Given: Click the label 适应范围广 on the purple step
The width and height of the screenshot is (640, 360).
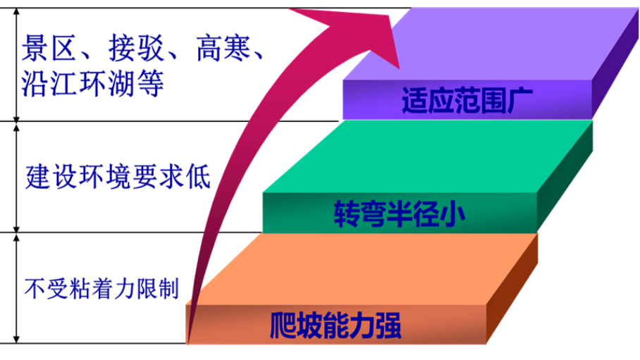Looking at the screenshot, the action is (467, 100).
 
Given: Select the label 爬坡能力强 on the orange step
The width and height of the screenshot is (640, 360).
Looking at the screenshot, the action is (336, 325).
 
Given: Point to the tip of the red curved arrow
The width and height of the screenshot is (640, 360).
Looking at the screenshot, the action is (398, 68).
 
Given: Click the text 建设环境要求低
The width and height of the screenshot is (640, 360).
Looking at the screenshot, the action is (118, 176).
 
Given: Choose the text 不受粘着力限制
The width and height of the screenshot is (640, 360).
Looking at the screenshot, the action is (101, 289).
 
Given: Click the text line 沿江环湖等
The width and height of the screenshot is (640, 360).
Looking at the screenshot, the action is (92, 84).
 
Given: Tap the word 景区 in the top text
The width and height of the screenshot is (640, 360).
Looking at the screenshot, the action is (49, 48).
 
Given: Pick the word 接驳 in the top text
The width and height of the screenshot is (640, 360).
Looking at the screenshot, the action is (136, 48).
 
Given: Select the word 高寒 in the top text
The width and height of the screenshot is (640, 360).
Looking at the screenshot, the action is (223, 48).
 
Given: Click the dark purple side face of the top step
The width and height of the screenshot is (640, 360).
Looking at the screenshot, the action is (615, 66).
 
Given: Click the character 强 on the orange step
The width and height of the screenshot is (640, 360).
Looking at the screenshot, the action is (388, 325).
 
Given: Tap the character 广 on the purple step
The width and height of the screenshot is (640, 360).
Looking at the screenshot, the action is (520, 100).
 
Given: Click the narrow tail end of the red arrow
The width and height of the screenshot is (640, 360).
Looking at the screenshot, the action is (188, 342).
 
